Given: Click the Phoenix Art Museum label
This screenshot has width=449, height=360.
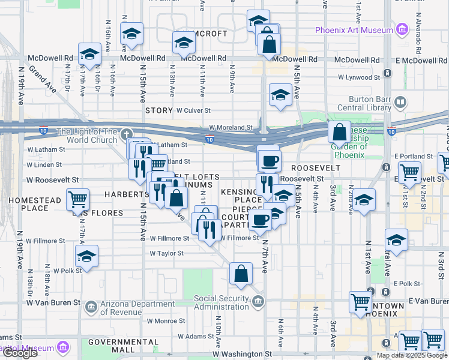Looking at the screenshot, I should (354, 30).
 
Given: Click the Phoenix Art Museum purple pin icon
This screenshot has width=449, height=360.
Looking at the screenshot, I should (402, 29).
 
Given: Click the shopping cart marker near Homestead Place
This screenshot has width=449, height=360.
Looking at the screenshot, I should (77, 199).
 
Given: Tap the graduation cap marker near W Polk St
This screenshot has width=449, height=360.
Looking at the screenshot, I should (87, 257).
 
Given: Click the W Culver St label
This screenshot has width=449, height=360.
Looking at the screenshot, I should (193, 110).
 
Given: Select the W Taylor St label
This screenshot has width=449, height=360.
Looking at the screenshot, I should (166, 253).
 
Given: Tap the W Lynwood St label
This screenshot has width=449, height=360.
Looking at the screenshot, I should (359, 77).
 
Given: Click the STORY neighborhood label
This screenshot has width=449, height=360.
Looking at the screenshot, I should (159, 110).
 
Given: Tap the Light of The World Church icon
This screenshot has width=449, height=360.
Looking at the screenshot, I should (126, 133).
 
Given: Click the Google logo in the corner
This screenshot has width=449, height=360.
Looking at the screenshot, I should (20, 353).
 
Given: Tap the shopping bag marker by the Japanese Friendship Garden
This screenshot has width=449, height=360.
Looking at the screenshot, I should (339, 132).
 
